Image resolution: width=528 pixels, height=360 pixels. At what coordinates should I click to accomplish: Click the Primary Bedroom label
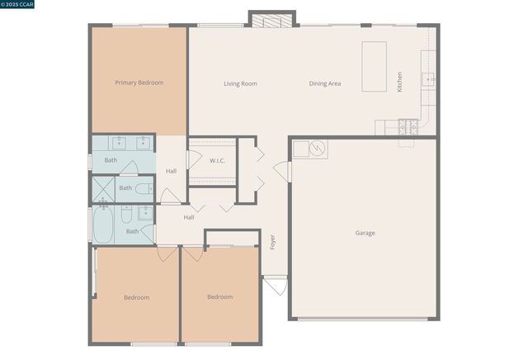(x=139, y=83)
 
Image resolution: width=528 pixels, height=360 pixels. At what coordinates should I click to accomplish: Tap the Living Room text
(x=241, y=83)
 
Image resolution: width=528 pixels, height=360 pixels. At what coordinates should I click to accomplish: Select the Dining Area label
(x=325, y=83)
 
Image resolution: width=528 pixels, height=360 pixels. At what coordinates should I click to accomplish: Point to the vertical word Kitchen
(x=400, y=82)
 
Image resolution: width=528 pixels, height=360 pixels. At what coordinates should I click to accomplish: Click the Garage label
(x=365, y=233)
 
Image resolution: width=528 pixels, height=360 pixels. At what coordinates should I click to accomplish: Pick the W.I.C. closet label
(x=218, y=160)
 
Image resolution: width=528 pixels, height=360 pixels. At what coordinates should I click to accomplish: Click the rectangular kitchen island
(x=374, y=67)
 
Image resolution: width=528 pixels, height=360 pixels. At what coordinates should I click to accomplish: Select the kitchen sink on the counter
(x=428, y=79)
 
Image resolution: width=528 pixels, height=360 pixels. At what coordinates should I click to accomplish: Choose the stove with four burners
(x=408, y=127)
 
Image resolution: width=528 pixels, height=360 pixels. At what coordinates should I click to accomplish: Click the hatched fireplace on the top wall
(x=271, y=20)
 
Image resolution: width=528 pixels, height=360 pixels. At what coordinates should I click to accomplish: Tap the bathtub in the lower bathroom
(x=103, y=224)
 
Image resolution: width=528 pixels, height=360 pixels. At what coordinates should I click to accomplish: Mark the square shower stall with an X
(x=103, y=188)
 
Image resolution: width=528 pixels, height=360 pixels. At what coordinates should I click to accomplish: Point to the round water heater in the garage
(x=318, y=149)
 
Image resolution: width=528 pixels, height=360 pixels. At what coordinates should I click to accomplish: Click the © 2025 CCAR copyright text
(x=23, y=6)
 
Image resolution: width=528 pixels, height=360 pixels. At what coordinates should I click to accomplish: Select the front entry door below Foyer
(x=275, y=287)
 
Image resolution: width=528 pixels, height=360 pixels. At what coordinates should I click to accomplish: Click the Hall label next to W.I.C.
(x=171, y=171)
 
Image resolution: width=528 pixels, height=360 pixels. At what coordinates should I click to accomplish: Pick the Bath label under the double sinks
(x=111, y=160)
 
